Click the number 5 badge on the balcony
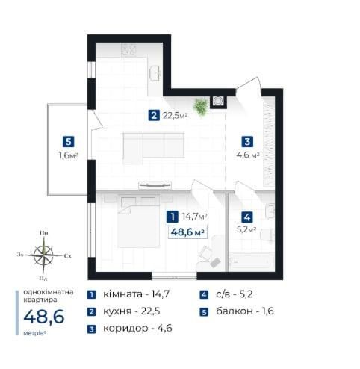[x=69, y=142]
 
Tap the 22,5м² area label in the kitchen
[x=175, y=116]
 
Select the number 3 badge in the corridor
[x=247, y=141]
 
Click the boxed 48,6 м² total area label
[x=187, y=232]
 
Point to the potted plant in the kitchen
[x=201, y=107]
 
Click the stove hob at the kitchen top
[x=128, y=49]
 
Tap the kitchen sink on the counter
[x=155, y=73]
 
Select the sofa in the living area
[x=153, y=148]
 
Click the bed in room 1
[x=138, y=226]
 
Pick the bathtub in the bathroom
[x=251, y=261]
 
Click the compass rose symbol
[x=43, y=255]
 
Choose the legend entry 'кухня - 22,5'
[x=131, y=311]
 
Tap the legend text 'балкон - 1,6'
[x=245, y=311]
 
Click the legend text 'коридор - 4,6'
[x=137, y=329]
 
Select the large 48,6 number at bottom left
[x=44, y=317]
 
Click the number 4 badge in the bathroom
[x=247, y=217]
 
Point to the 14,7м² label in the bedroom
[x=195, y=217]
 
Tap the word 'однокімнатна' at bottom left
[x=49, y=292]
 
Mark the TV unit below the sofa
[x=155, y=185]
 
